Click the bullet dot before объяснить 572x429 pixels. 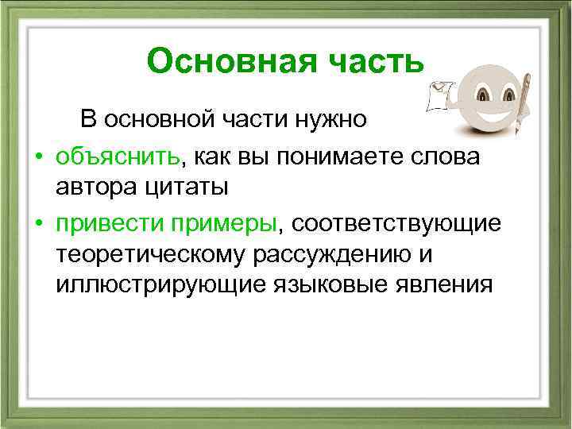[37, 157]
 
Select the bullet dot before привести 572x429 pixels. [37, 224]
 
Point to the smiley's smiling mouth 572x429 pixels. [485, 117]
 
